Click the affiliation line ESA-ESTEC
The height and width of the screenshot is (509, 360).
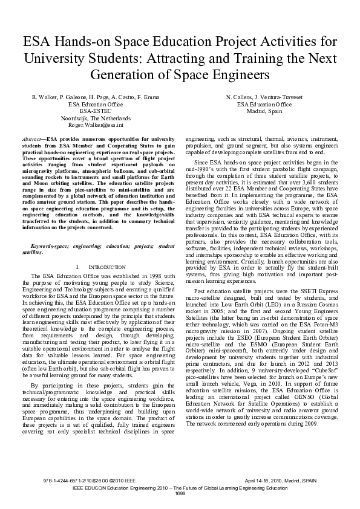(x=90, y=111)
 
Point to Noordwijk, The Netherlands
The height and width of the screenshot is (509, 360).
(x=90, y=118)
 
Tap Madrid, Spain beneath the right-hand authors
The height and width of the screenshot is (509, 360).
(x=264, y=111)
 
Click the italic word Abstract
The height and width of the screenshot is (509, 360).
(x=30, y=138)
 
